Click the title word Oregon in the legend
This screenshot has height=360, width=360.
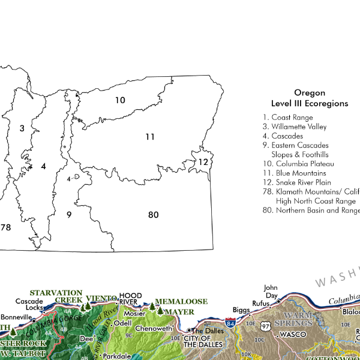tap(310, 93)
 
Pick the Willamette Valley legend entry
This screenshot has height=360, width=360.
tap(295, 127)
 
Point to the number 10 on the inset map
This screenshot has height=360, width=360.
tap(120, 100)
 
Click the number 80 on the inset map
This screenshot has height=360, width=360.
tap(153, 215)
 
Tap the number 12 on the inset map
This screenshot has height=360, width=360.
tap(203, 162)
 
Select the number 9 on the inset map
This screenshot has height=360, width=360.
tap(69, 214)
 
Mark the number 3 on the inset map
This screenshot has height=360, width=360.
tap(22, 128)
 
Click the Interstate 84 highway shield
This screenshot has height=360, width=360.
tap(230, 323)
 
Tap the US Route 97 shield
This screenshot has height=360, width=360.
tap(265, 326)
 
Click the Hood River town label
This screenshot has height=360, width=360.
tap(129, 298)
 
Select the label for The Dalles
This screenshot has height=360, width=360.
tap(206, 331)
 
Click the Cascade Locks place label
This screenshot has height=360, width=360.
tap(29, 304)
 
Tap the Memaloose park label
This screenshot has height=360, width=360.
tap(181, 301)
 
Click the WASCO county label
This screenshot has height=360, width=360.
tap(293, 334)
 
